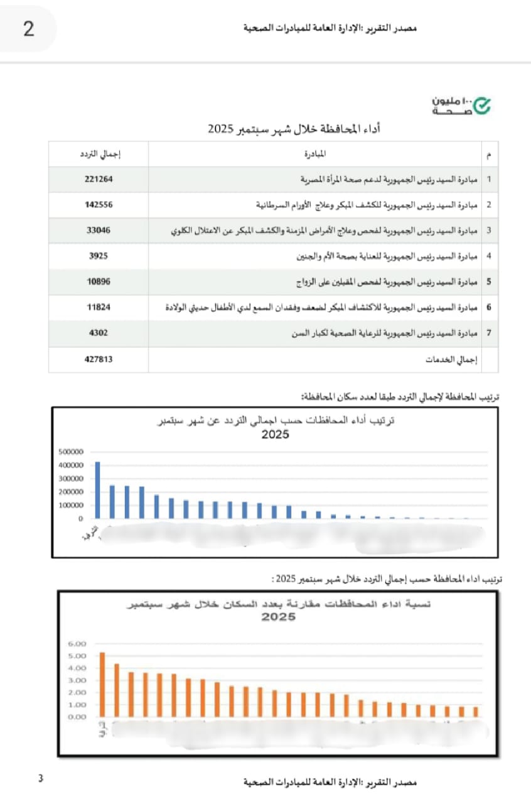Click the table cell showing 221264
[99, 179]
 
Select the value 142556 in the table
[99, 205]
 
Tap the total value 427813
[99, 359]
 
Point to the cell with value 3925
[99, 256]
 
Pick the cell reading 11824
[99, 308]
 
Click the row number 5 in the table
[488, 282]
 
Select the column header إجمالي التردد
[99, 154]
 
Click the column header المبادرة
[314, 154]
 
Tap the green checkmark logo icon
[481, 106]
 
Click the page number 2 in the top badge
[29, 29]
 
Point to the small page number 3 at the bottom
[41, 780]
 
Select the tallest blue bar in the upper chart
[97, 490]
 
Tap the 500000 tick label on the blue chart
[70, 452]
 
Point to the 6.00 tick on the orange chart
[76, 644]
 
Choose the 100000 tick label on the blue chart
[70, 505]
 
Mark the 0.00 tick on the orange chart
[76, 716]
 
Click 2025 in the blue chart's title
[276, 435]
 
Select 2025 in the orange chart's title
[278, 617]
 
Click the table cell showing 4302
[99, 334]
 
